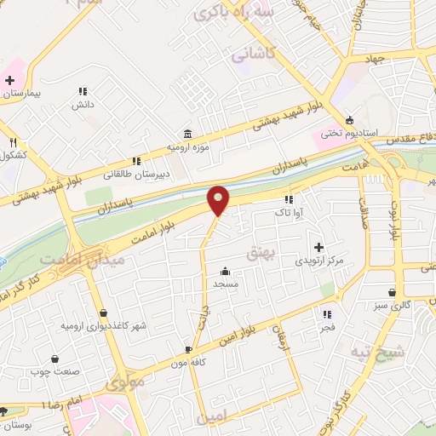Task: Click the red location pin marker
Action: pyautogui.click(x=219, y=200)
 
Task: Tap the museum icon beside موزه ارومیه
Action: pyautogui.click(x=187, y=134)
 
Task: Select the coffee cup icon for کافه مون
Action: pyautogui.click(x=188, y=349)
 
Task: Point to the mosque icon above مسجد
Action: pyautogui.click(x=225, y=271)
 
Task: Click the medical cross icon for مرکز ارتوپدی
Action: pyautogui.click(x=318, y=246)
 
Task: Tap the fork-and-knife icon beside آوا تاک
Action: pyautogui.click(x=289, y=199)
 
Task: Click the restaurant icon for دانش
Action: pyautogui.click(x=83, y=91)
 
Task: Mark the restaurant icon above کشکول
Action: pyautogui.click(x=13, y=142)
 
